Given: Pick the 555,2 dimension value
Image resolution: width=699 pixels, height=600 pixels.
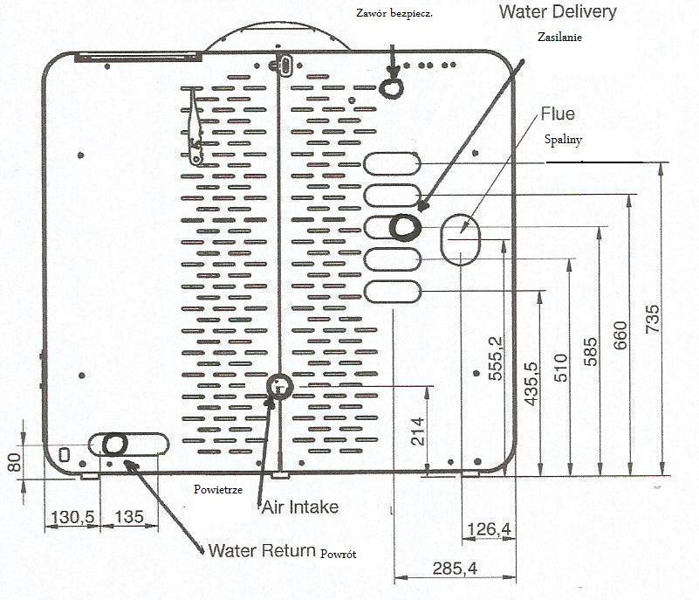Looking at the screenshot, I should (496, 356).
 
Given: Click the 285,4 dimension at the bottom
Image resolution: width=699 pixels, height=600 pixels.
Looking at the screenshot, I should (455, 569).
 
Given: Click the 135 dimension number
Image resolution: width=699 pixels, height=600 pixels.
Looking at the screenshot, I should (128, 516).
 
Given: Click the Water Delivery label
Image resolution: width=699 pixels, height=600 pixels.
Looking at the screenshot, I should (559, 12).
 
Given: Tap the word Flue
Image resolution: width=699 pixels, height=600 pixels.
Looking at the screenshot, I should (558, 114).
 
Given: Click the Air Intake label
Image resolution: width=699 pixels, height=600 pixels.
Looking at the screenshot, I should (299, 507).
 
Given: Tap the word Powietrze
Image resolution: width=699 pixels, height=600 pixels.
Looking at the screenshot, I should (218, 489).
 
